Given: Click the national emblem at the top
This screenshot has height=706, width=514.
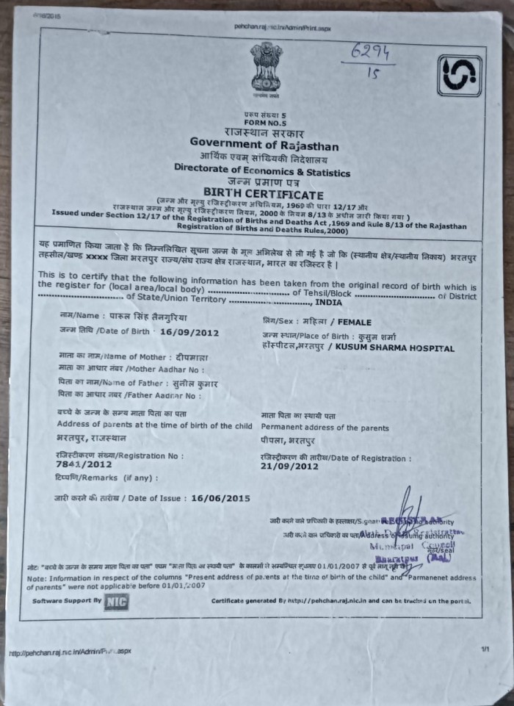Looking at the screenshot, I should point(266,69).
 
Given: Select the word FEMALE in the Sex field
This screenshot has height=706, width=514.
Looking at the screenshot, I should point(352,322).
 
